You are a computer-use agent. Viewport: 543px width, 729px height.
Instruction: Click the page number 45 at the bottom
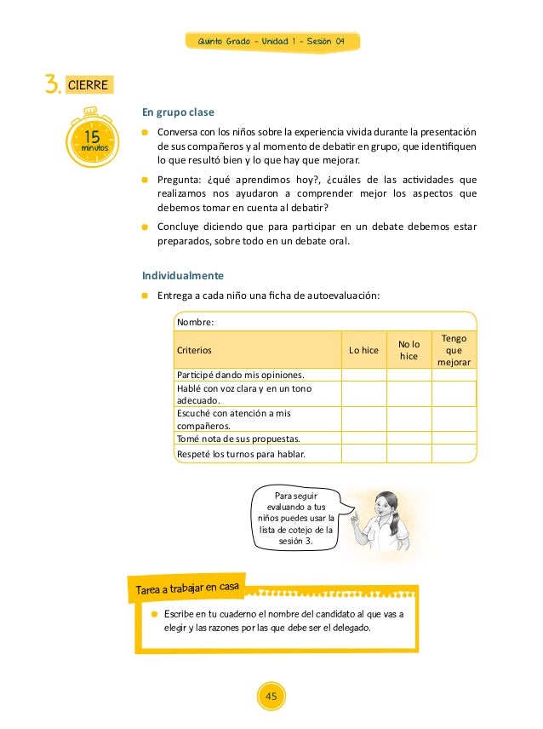(271, 697)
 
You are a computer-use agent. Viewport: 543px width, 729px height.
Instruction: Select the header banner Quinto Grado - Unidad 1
(271, 41)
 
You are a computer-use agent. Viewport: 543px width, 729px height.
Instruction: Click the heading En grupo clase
(178, 112)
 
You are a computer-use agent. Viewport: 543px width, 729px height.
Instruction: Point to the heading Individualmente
(183, 275)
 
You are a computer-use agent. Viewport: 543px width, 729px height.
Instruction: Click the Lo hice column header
(363, 350)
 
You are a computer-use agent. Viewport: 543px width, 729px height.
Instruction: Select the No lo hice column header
(409, 350)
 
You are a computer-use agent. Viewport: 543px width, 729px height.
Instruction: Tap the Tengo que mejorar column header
(454, 350)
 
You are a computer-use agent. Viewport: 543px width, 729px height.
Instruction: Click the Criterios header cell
(194, 350)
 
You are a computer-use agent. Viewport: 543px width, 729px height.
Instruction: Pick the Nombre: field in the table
(194, 322)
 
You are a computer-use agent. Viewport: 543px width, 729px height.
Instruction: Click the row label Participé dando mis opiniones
(240, 375)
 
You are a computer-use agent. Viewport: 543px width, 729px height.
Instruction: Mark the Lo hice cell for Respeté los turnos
(363, 454)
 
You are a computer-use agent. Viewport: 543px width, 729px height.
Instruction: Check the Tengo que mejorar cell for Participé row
(454, 375)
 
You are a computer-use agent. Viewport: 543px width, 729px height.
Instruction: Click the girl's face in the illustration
(387, 502)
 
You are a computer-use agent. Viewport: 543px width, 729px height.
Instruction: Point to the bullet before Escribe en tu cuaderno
(155, 613)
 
